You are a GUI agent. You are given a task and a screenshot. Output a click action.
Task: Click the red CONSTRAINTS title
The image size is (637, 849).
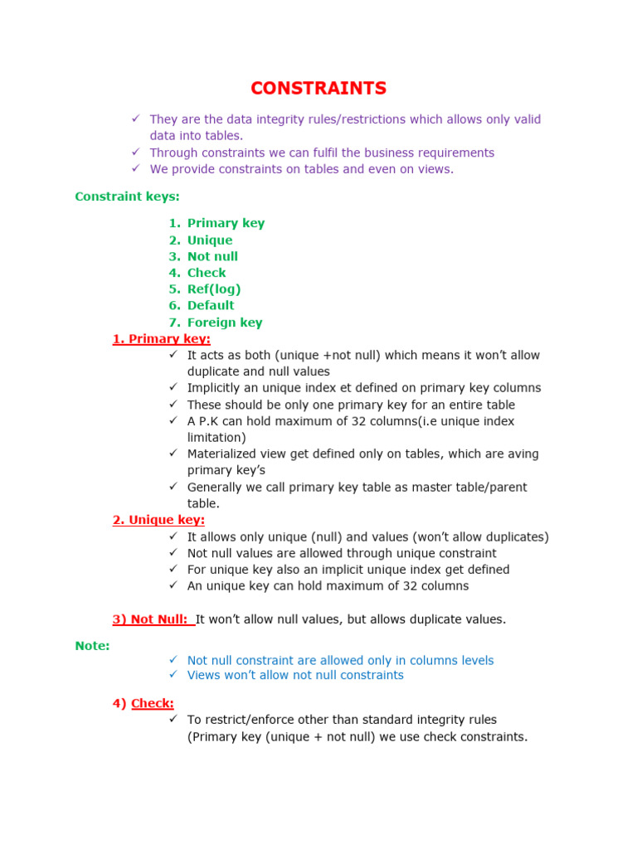tap(318, 88)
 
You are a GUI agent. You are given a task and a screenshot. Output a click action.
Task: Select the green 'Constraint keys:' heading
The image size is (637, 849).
tap(127, 196)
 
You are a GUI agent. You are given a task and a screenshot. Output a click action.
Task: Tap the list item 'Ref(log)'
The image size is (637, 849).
tap(214, 289)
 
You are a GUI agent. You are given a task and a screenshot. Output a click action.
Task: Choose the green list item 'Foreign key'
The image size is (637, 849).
tap(225, 323)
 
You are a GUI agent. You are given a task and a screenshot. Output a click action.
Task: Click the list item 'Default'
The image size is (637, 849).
tap(211, 305)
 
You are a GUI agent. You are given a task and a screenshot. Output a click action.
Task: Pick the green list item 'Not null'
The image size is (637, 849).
tap(212, 256)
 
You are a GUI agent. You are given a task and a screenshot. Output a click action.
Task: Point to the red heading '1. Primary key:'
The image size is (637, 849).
tap(162, 339)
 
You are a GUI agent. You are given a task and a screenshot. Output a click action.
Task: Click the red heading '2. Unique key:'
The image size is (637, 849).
tap(158, 520)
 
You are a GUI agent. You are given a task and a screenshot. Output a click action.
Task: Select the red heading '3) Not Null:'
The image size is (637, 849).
tap(150, 619)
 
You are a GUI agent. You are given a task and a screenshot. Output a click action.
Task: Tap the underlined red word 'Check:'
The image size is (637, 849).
tap(153, 703)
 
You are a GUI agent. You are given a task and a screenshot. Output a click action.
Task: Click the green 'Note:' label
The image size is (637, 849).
tap(92, 645)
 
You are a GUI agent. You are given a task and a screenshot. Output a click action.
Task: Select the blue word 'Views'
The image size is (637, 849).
tap(203, 675)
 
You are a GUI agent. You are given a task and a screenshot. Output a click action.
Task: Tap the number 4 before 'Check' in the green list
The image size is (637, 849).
tap(173, 273)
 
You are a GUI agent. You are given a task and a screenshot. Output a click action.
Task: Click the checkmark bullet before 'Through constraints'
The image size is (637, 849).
tap(135, 152)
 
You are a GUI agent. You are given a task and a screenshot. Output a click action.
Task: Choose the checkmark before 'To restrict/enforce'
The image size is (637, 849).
tap(173, 719)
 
